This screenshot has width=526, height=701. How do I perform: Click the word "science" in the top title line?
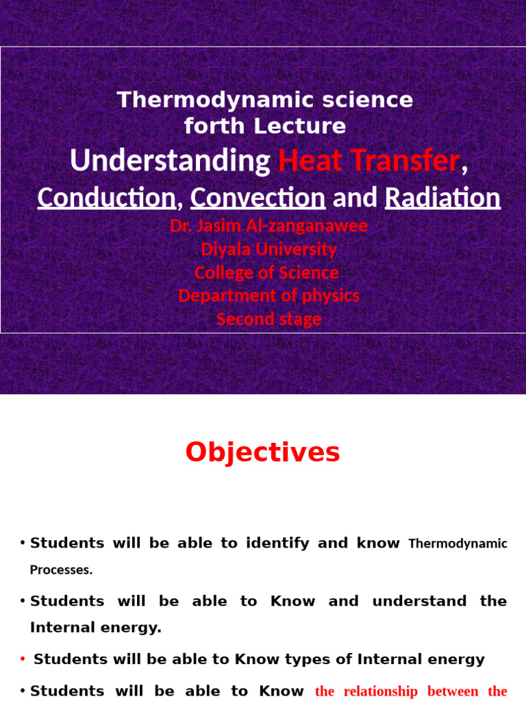[373, 100]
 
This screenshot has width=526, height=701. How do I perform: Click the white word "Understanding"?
[171, 161]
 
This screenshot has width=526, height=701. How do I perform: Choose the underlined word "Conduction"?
[106, 197]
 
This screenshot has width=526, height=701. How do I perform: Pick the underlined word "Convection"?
[258, 197]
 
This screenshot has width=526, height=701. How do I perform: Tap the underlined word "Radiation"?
[442, 197]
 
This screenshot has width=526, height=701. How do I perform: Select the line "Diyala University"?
[268, 249]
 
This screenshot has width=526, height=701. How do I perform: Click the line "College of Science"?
[266, 272]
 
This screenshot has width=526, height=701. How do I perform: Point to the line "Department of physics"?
[268, 296]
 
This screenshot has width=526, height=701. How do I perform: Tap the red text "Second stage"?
[268, 319]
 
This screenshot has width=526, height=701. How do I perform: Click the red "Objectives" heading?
[263, 453]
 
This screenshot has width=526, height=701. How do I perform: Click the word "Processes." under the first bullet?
[61, 570]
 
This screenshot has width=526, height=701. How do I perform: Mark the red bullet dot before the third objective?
[23, 659]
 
